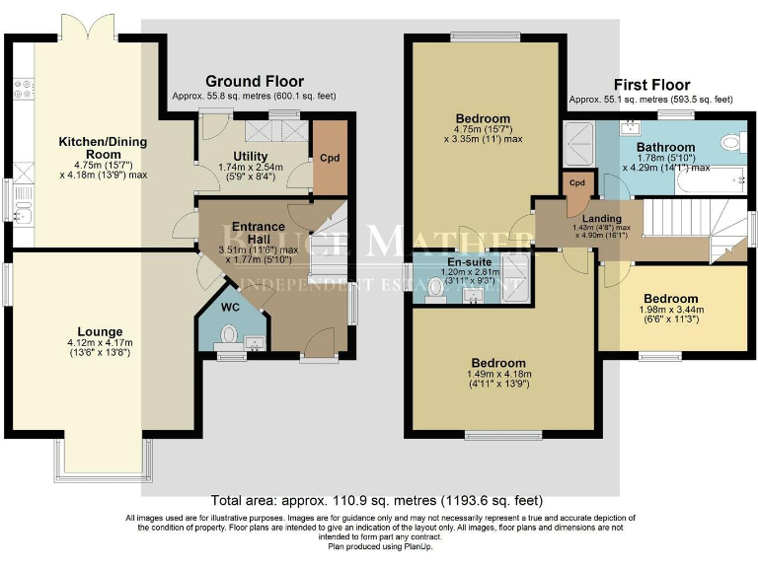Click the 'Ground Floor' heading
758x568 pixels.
[x=254, y=81]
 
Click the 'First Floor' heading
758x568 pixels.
[x=651, y=85]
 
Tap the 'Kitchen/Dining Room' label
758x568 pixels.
[x=89, y=147]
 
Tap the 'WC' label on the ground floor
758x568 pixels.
[x=230, y=307]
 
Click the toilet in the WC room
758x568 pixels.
[x=229, y=338]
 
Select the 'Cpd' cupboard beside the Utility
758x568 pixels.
[x=330, y=157]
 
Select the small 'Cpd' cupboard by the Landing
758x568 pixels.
[x=577, y=184]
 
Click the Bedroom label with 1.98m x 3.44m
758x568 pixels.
[x=670, y=299]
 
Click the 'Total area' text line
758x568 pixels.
[x=377, y=501]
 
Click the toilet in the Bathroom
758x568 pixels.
[x=730, y=142]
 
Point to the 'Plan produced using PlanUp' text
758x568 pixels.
[x=379, y=545]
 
